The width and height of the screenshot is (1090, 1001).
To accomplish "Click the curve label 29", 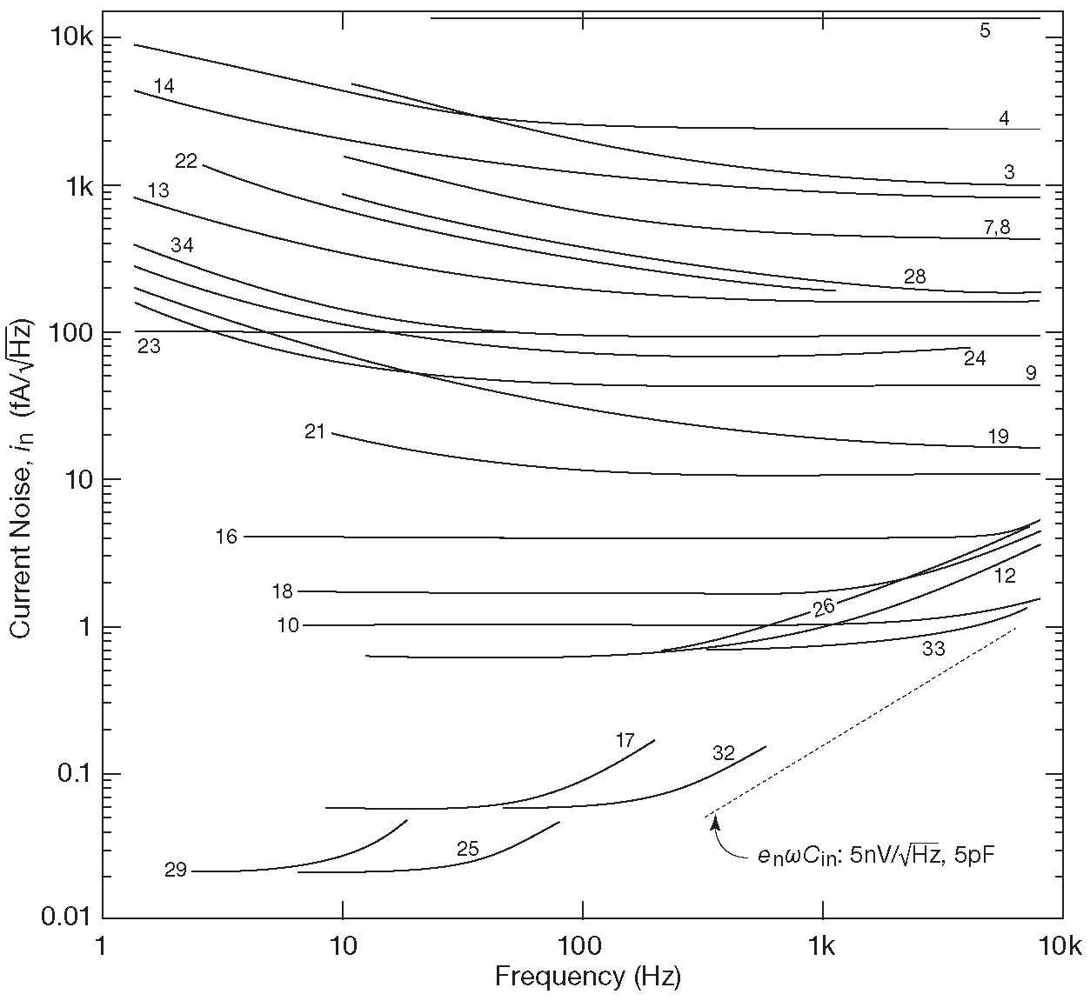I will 176,870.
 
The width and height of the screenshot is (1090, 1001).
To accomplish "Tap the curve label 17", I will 625,741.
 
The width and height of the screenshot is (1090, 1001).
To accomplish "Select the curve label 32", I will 724,753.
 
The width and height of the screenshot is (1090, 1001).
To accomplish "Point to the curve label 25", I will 468,849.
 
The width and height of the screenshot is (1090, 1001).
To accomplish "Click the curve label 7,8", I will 997,228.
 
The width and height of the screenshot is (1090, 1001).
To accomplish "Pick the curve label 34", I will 182,245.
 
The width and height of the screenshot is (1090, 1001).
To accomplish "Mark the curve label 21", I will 315,431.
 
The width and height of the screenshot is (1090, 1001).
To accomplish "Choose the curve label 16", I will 226,537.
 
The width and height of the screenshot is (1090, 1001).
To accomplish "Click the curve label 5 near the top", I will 985,31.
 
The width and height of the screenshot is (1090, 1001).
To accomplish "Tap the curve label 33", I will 933,649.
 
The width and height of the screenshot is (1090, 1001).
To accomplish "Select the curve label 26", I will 824,607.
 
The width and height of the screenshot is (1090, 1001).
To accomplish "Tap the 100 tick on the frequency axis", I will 582,947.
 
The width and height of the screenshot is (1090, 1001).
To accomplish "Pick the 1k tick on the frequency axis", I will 823,947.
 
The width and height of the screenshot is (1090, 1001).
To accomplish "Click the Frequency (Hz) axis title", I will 587,977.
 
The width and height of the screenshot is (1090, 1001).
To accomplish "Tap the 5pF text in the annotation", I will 972,856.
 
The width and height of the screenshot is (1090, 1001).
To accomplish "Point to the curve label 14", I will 164,86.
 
